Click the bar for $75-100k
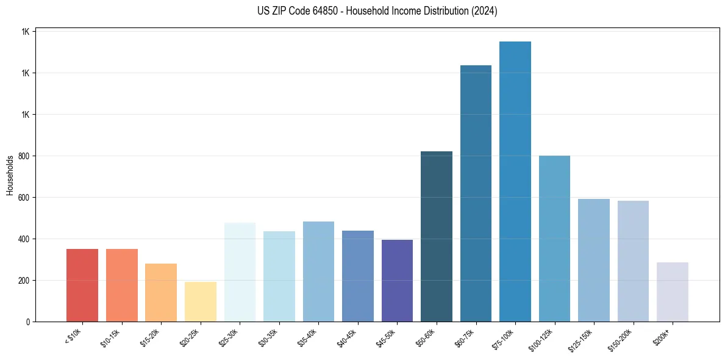[515, 181]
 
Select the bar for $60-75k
[476, 193]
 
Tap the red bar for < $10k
[82, 285]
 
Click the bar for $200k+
[673, 292]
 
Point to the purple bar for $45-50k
[397, 281]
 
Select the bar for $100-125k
[554, 239]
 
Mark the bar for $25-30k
[240, 272]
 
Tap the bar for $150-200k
[633, 261]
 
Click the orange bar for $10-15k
[122, 285]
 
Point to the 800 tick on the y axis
[24, 156]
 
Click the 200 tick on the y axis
[24, 281]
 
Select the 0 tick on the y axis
[28, 322]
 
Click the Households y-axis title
[10, 175]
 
